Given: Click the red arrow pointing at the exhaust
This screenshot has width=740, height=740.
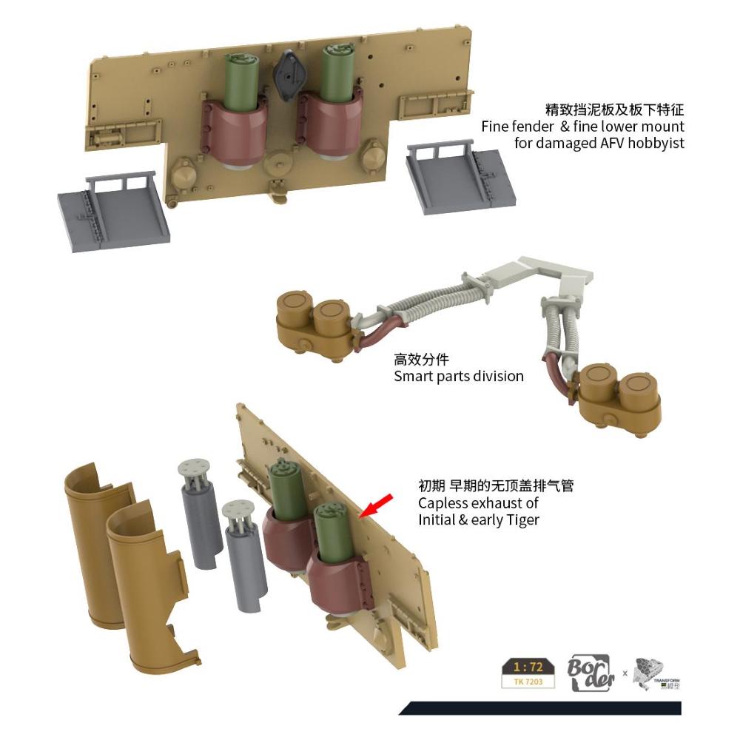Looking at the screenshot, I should point(375,507).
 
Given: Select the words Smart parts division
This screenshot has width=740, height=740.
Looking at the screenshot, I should point(459,376).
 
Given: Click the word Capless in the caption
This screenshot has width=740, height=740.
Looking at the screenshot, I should point(443,503).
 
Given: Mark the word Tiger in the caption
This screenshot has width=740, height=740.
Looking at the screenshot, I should point(522,519).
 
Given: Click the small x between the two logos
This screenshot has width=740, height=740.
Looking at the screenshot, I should point(625,673).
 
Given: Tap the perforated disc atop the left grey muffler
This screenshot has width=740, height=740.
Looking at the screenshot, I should point(194,468).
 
